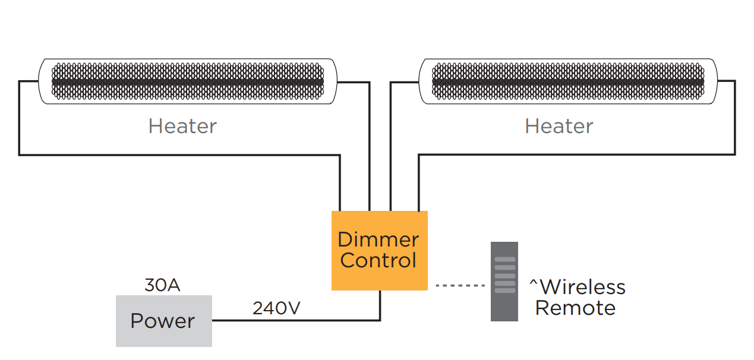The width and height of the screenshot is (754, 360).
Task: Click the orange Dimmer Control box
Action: coord(379,250)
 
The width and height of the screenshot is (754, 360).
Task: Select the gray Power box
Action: coord(163,321)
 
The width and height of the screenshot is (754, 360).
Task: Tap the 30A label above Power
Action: coord(162,285)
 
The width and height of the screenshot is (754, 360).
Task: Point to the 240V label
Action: coord(276,308)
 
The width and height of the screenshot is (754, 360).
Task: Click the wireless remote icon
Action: coord(504,282)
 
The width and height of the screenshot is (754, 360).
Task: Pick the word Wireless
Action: coord(582,288)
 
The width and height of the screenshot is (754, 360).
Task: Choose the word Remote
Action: coord(575,308)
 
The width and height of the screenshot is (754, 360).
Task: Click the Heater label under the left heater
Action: coord(182,126)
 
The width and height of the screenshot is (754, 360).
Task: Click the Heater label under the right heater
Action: coord(559,126)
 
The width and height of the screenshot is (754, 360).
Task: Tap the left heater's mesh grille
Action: coord(188,81)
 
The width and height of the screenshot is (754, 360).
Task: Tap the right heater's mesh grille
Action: coord(568,81)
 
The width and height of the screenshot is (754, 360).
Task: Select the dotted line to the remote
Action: coord(460,286)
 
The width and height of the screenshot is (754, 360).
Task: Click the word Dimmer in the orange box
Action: coord(378,240)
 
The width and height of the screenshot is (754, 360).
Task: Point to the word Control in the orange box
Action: coord(378,260)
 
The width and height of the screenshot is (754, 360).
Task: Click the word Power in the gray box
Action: coord(162,321)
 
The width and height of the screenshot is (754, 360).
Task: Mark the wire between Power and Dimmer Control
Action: coord(297,320)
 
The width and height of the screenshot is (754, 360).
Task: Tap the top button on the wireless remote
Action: coord(504,260)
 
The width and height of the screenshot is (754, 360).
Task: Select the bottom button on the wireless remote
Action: coord(504,290)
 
